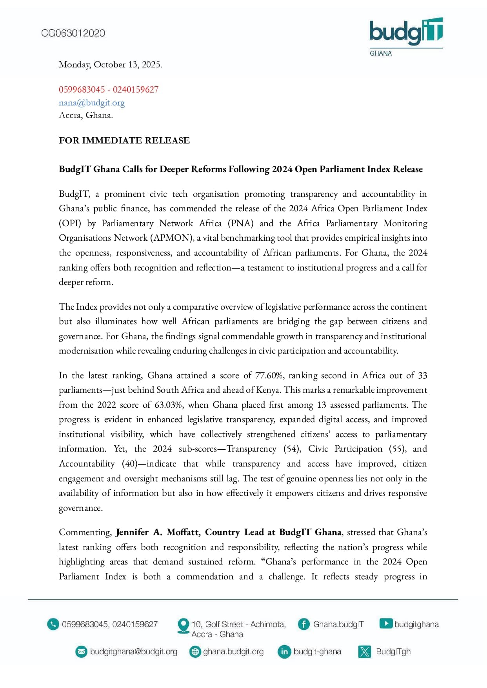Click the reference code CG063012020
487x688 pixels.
tap(73, 33)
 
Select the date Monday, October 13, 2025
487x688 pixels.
tap(110, 65)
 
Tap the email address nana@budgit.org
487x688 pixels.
tap(92, 103)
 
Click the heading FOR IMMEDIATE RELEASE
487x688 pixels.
tap(124, 140)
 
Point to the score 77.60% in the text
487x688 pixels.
tap(269, 376)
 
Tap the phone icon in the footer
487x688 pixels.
tap(53, 624)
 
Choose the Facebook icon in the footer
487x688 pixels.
tap(303, 624)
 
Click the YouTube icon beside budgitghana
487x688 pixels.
tap(386, 624)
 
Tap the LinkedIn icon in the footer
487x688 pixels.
tap(284, 652)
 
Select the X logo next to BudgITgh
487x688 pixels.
tap(365, 652)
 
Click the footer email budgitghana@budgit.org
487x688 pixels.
tap(134, 652)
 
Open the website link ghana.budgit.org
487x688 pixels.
tap(233, 652)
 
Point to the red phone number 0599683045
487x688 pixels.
tap(82, 90)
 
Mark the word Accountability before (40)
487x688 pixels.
tap(87, 464)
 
